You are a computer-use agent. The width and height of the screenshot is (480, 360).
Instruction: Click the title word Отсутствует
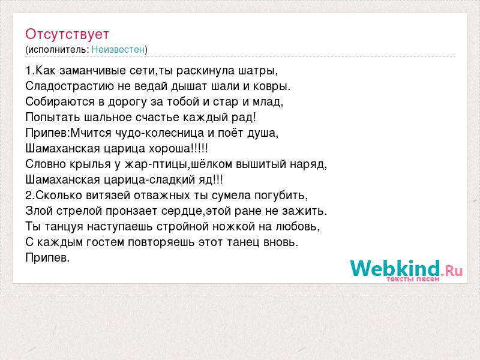[67, 34]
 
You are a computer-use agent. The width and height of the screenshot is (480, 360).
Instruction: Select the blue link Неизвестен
[118, 49]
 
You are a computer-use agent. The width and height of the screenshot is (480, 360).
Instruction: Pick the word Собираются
[60, 102]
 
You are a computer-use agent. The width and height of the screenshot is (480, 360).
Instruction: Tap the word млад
[268, 102]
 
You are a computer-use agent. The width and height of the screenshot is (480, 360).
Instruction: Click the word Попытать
[53, 118]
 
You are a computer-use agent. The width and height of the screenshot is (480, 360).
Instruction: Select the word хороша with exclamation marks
[178, 149]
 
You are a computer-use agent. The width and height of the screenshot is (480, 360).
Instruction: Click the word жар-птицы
[156, 164]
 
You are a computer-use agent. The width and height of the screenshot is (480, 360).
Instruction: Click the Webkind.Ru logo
[406, 269]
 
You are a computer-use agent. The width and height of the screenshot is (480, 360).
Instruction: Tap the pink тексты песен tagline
[413, 279]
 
